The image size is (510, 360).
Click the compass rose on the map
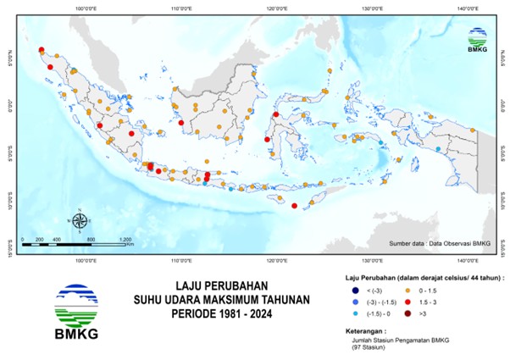[79, 222]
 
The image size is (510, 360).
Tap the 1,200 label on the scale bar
[125, 241]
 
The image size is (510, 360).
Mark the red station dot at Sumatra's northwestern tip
[41, 50]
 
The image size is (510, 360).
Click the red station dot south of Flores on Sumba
[294, 206]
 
